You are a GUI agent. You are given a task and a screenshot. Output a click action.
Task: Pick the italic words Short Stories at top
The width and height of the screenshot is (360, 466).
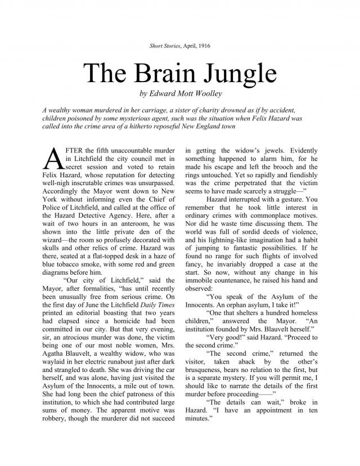tap(162, 44)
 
